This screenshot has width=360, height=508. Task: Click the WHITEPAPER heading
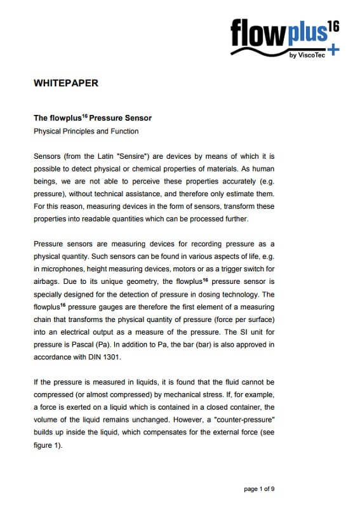pos(65,83)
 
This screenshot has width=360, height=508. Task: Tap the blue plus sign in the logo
pos(335,50)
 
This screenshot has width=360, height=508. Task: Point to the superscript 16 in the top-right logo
pos(333,26)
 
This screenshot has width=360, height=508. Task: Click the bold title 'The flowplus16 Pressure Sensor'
pos(93,118)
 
